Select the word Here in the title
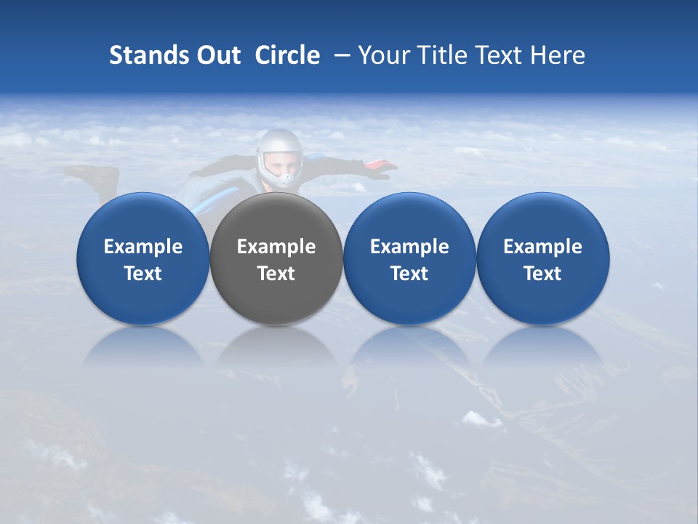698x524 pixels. pyautogui.click(x=557, y=55)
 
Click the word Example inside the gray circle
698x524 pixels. pyautogui.click(x=276, y=247)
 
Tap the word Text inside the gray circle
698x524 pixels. pyautogui.click(x=276, y=274)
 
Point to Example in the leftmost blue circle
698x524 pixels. pyautogui.click(x=143, y=247)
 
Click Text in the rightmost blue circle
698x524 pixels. pyautogui.click(x=542, y=274)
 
